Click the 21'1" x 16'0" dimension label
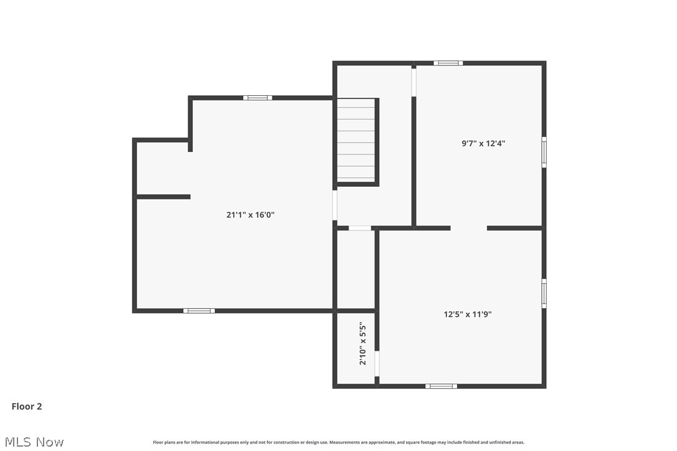[250, 215]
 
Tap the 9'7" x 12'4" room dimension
[483, 143]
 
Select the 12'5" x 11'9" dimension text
[468, 315]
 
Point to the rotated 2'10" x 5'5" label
[363, 343]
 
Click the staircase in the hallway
[356, 141]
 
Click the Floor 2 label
[27, 407]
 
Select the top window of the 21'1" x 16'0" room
[257, 98]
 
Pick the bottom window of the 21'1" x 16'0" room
[199, 310]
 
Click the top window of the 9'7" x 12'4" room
[448, 63]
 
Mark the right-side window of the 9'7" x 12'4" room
[544, 152]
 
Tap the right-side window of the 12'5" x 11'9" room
[544, 293]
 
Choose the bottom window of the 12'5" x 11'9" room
[441, 386]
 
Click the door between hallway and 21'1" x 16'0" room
[335, 206]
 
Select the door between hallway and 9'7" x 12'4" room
[413, 82]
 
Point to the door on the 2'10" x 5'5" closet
[377, 363]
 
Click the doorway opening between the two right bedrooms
[469, 228]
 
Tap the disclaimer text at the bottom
[338, 442]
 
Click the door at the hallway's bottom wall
[360, 228]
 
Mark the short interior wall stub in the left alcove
[163, 197]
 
